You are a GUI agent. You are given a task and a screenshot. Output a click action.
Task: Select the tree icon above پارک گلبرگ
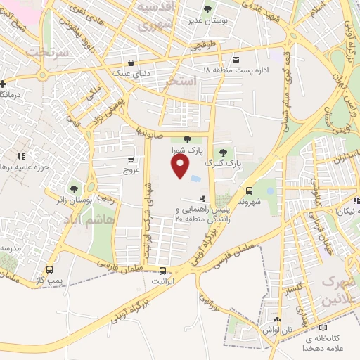[223, 152]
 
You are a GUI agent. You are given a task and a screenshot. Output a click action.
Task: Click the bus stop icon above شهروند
[249, 191]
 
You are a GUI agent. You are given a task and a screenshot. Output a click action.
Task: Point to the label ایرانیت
[163, 281]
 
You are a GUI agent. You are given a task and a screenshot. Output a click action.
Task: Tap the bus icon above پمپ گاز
[49, 269]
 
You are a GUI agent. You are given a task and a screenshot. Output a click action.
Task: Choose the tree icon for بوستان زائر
[74, 188]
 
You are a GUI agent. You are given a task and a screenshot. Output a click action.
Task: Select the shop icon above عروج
[131, 160]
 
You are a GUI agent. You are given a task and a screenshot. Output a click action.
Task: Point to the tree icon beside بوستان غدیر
[207, 9]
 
